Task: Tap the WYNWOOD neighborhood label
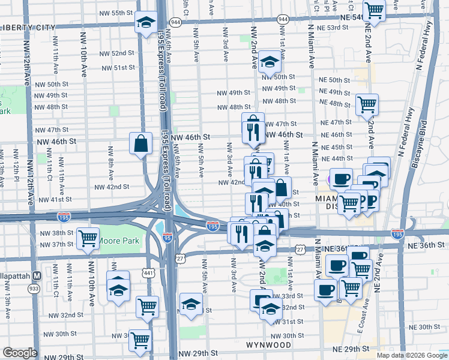click(268, 346)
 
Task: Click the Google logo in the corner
click(19, 353)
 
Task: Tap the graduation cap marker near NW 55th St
click(145, 23)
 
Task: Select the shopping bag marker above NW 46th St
click(140, 143)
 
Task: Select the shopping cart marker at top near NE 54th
click(375, 10)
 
